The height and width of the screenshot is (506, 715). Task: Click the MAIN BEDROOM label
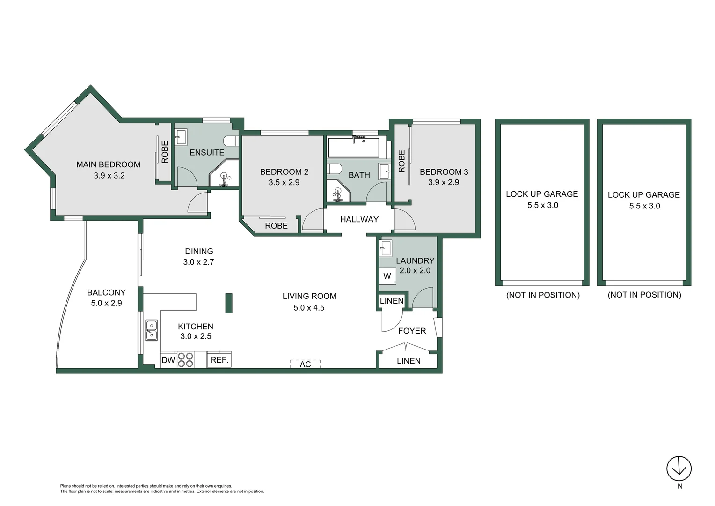[108, 164]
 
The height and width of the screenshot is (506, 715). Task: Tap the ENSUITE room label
[207, 153]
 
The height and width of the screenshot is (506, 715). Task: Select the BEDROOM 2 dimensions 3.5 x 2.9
[284, 183]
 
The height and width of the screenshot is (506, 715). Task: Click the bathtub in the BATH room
[354, 147]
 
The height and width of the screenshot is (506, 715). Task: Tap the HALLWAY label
[359, 219]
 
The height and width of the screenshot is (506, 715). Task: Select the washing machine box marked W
[387, 276]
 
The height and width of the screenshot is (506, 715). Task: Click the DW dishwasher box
[168, 360]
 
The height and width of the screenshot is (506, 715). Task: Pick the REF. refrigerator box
[219, 360]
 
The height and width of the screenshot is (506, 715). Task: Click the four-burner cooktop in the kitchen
[186, 360]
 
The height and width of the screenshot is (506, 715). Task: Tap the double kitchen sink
[151, 330]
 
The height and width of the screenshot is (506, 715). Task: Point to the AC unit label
[305, 364]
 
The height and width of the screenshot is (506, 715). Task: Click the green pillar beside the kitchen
[229, 303]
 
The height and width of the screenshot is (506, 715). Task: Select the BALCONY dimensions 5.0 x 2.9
[106, 303]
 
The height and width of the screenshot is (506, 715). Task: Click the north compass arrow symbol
[679, 468]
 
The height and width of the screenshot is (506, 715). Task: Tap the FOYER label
[412, 331]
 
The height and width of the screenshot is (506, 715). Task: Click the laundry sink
[386, 248]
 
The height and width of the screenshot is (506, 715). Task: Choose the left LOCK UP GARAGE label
[542, 194]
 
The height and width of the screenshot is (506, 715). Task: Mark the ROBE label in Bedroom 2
[276, 226]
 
